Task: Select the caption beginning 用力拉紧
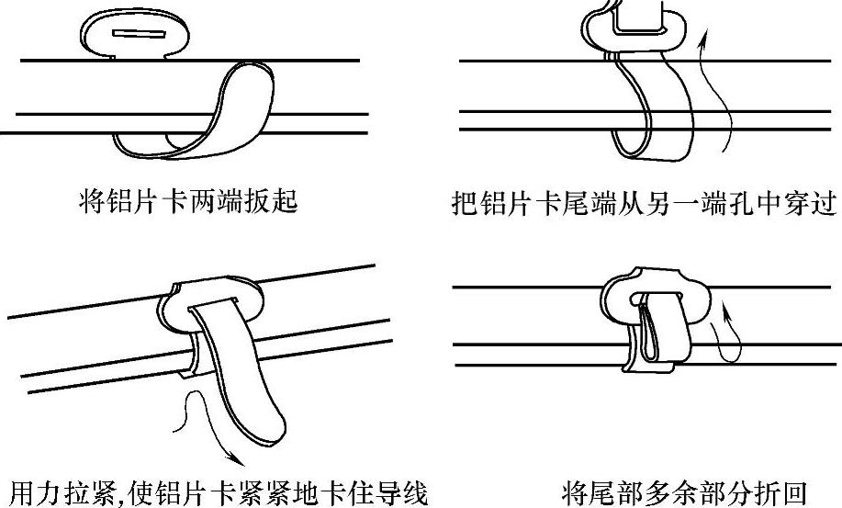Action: point(217,491)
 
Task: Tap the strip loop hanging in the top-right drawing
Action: point(647,110)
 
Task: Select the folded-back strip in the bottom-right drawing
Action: point(659,331)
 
